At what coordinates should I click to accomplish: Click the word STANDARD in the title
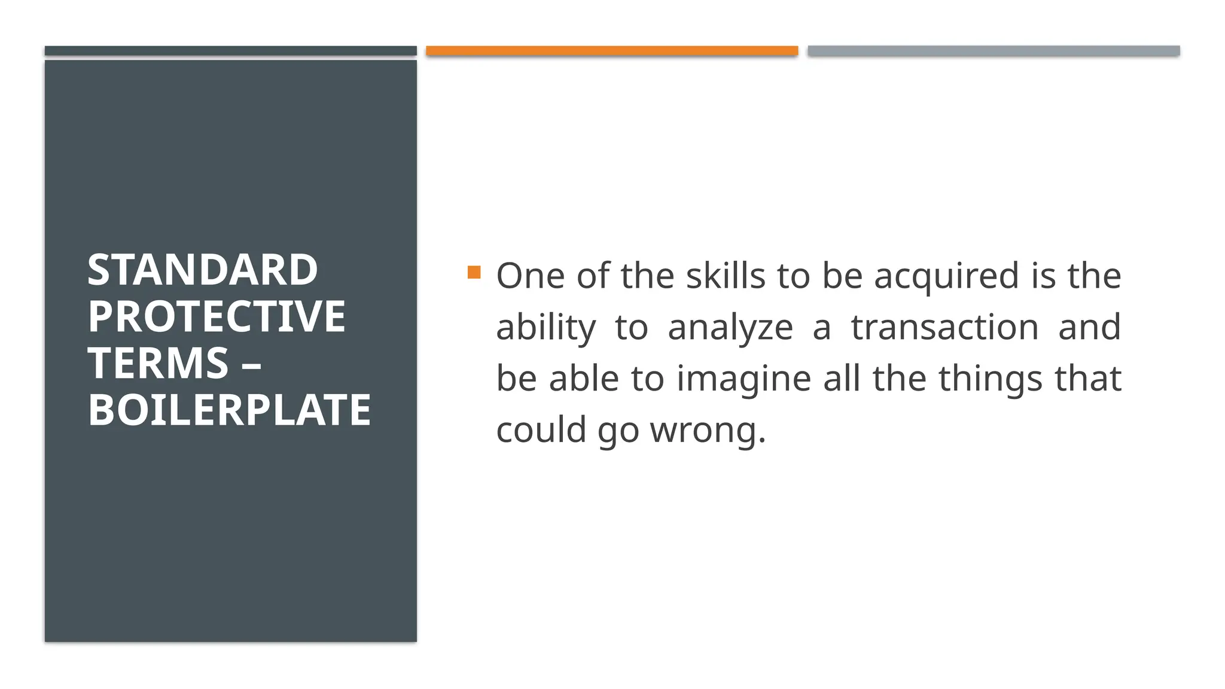pyautogui.click(x=202, y=270)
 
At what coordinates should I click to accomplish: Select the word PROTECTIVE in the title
pyautogui.click(x=217, y=316)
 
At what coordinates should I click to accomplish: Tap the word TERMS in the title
pyautogui.click(x=158, y=363)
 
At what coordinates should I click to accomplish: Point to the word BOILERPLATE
pyautogui.click(x=229, y=410)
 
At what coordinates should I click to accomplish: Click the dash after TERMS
pyautogui.click(x=251, y=363)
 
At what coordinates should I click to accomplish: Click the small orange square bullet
pyautogui.click(x=474, y=273)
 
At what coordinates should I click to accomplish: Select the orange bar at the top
pyautogui.click(x=612, y=51)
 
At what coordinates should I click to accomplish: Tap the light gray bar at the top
pyautogui.click(x=994, y=51)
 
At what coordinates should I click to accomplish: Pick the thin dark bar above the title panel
pyautogui.click(x=230, y=51)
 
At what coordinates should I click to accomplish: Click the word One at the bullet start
pyautogui.click(x=530, y=276)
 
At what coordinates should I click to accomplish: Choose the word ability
pyautogui.click(x=546, y=327)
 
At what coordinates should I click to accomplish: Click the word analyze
pyautogui.click(x=730, y=327)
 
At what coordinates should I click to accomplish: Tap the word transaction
pyautogui.click(x=944, y=327)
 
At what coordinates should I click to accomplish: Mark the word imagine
pyautogui.click(x=743, y=379)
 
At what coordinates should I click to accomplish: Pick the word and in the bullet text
pyautogui.click(x=1089, y=327)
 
